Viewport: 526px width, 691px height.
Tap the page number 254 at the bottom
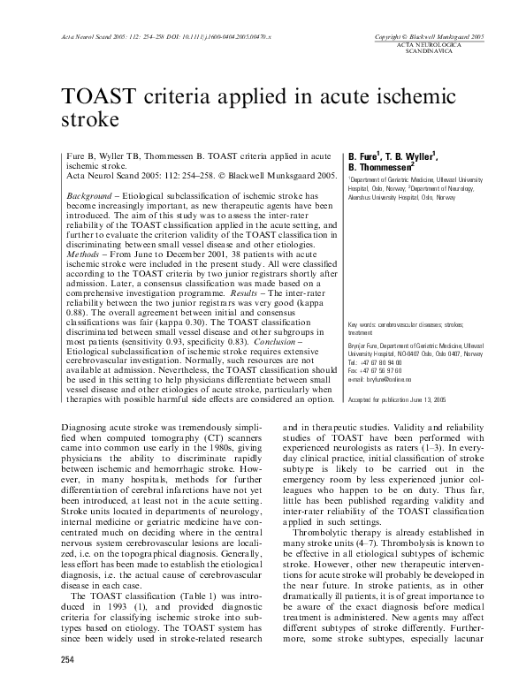click(x=67, y=660)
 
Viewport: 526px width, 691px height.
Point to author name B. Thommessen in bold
click(x=381, y=165)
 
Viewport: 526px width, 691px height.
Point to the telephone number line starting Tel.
click(x=382, y=362)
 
